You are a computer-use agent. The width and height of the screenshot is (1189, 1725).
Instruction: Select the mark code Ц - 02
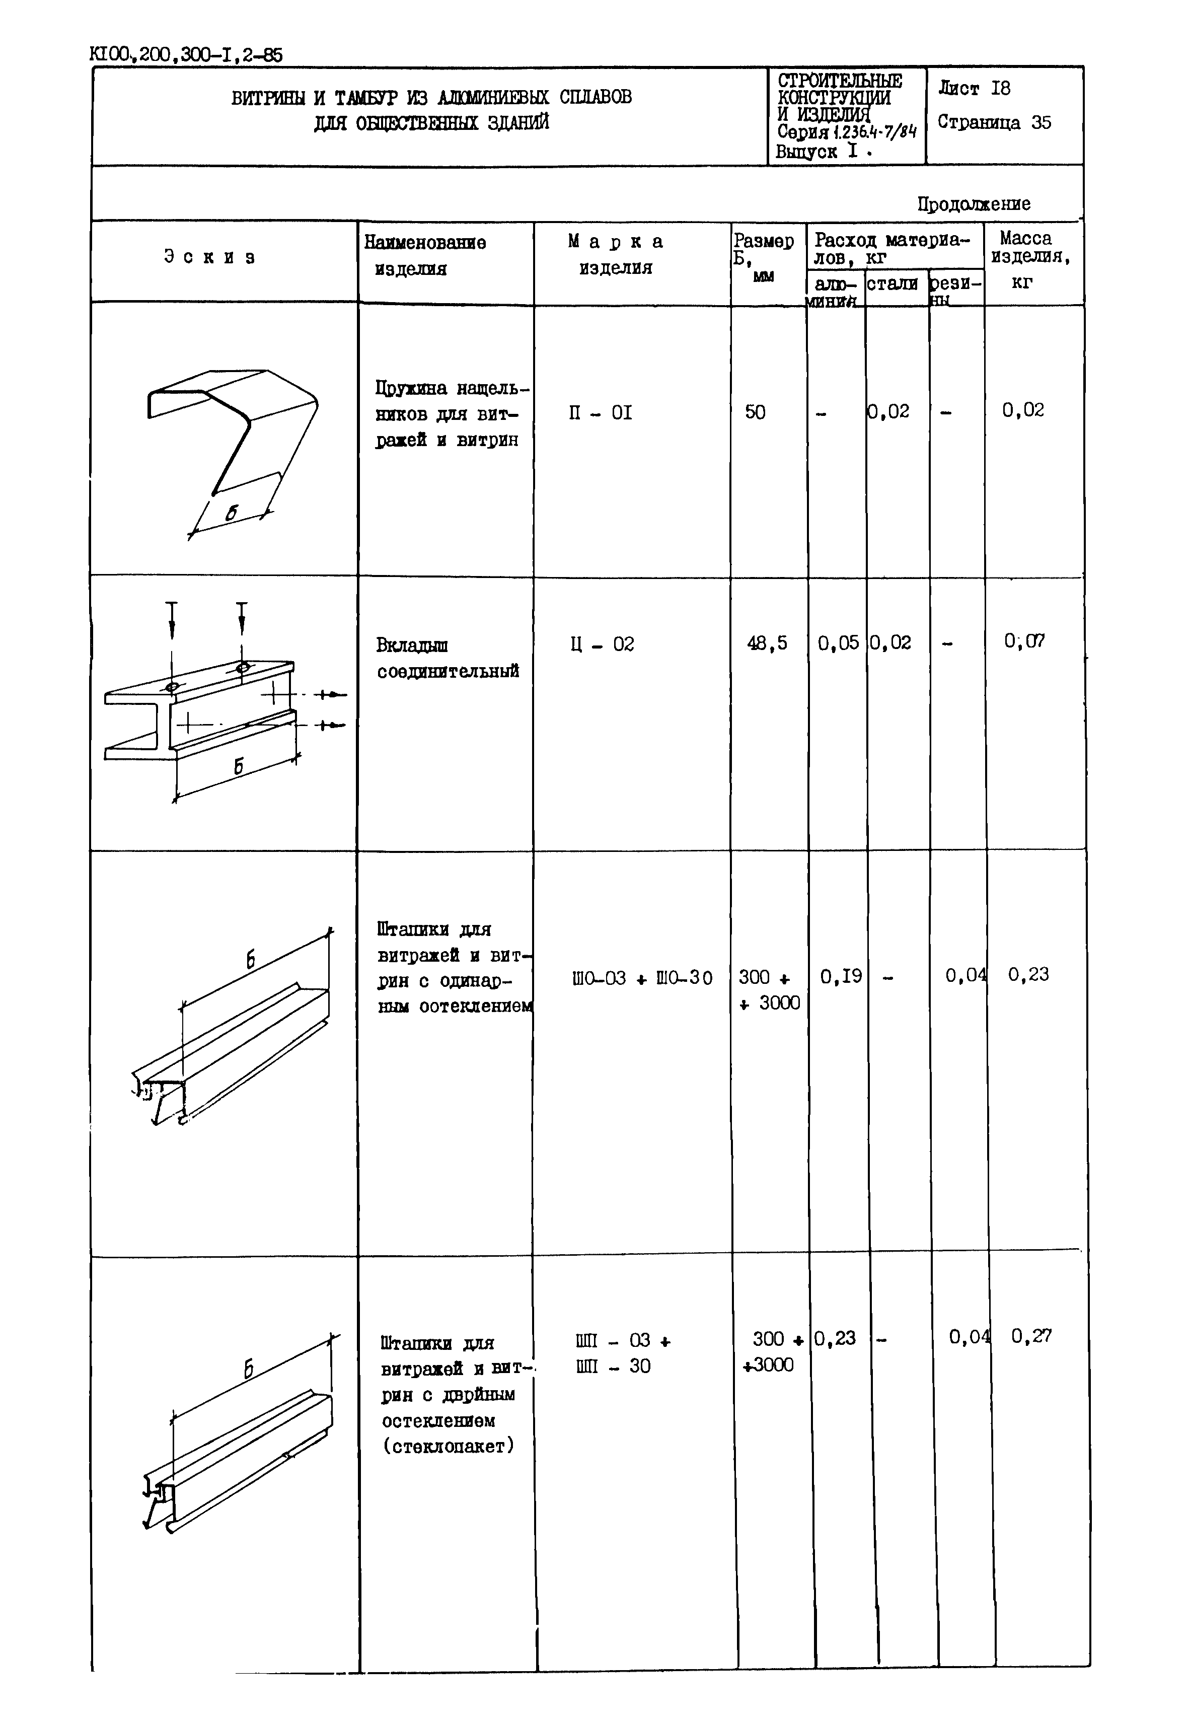coord(602,644)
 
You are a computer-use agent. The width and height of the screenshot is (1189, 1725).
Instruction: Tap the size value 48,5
coord(767,642)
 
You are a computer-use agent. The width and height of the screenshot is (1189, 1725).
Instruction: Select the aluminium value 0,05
coord(838,642)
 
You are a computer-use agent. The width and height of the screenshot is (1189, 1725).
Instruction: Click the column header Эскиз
coord(209,257)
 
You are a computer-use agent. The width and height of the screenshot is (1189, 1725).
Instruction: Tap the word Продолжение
coord(974,203)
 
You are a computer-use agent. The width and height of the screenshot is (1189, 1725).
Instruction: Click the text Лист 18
coord(975,89)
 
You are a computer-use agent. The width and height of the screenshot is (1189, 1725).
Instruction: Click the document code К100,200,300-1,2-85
coord(186,54)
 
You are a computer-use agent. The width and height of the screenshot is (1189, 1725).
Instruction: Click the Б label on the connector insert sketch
coord(239,765)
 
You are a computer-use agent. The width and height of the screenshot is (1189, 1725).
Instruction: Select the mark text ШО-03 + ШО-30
coord(642,978)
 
